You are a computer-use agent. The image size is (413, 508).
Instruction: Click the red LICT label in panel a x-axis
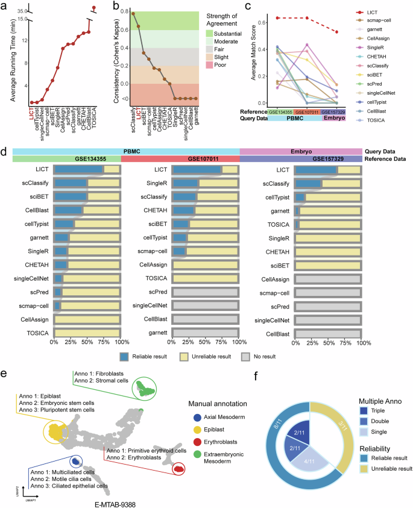coord(32,110)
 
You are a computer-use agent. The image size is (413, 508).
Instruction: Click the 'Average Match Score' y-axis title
coord(243,57)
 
